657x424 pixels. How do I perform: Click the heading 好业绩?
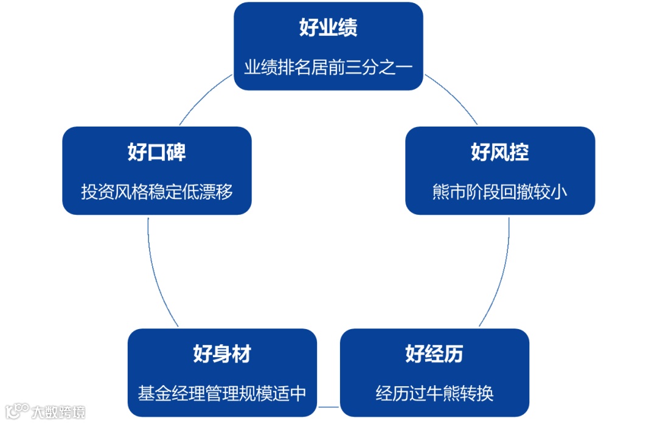click(x=328, y=28)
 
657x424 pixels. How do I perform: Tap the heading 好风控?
click(x=499, y=152)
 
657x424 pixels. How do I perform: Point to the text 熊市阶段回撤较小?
click(x=499, y=192)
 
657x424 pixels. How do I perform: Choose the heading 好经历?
click(x=434, y=354)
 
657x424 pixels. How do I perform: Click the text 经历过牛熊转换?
click(x=434, y=394)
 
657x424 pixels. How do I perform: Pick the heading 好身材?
click(x=222, y=354)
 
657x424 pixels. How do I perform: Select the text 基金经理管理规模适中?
click(x=222, y=394)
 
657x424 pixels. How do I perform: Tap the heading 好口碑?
click(x=156, y=152)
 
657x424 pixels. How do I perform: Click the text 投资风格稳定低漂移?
click(x=157, y=192)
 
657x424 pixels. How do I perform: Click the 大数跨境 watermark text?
click(x=58, y=412)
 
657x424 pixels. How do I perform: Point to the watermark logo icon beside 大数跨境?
click(x=16, y=411)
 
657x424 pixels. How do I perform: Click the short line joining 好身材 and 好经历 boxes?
click(x=328, y=406)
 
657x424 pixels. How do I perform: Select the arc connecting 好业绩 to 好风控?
click(x=453, y=97)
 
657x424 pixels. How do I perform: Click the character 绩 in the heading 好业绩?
click(x=347, y=28)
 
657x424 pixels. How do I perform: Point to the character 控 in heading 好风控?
click(x=519, y=152)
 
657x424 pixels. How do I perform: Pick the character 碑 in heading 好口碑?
click(x=176, y=152)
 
